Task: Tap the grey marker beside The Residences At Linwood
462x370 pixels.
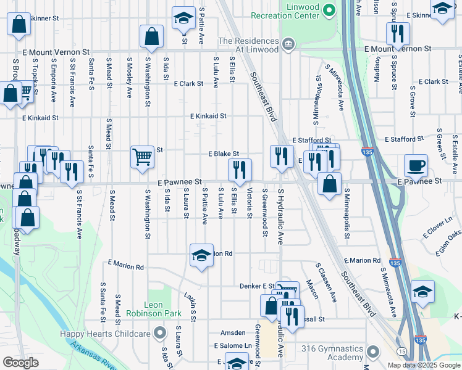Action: click(x=288, y=44)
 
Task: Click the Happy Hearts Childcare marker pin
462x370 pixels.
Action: click(x=160, y=334)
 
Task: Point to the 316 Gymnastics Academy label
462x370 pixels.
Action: click(x=332, y=353)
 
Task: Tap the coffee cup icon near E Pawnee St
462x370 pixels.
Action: click(x=416, y=166)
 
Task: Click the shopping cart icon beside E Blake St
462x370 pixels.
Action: click(x=142, y=157)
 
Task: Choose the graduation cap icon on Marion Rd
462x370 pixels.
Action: click(x=201, y=256)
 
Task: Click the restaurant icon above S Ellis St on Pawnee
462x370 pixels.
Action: click(x=240, y=170)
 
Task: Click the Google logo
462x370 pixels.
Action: click(x=20, y=363)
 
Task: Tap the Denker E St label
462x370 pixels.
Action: click(x=256, y=286)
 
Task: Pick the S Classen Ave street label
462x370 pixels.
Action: click(x=326, y=282)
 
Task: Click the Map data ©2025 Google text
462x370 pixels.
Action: click(x=423, y=365)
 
